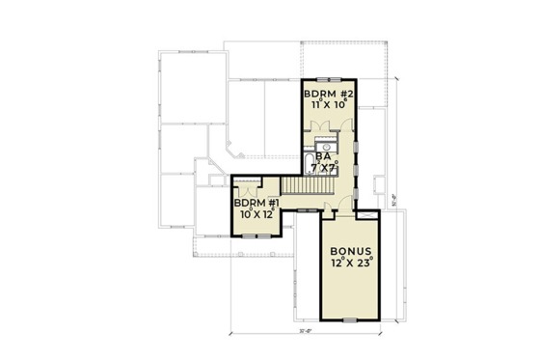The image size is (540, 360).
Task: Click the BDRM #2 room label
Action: [329, 95]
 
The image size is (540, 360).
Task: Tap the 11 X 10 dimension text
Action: [329, 106]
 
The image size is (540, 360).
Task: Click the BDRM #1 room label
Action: [256, 205]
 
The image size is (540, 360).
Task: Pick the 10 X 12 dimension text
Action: [256, 215]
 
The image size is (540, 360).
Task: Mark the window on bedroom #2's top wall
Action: [330, 78]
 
